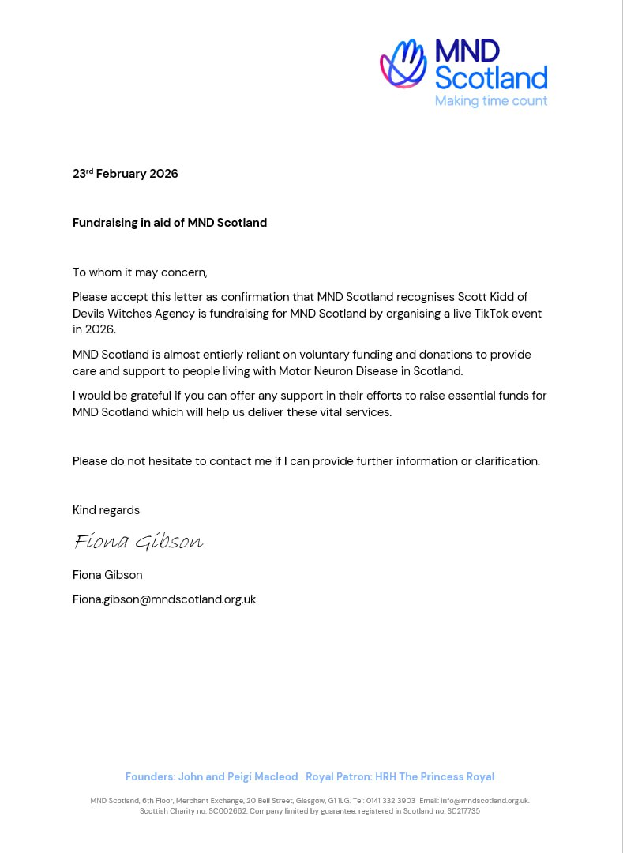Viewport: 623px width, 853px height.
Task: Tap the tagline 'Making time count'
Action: (x=490, y=100)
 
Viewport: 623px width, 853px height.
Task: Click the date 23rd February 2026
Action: (x=126, y=174)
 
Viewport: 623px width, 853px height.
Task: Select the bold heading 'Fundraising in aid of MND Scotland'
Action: (x=170, y=223)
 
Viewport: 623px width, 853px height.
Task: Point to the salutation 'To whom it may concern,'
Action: (x=140, y=272)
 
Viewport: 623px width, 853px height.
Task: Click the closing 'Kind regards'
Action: (x=106, y=510)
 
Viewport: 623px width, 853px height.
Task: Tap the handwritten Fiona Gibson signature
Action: (x=138, y=541)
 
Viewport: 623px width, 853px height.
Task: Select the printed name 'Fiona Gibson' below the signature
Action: (x=107, y=575)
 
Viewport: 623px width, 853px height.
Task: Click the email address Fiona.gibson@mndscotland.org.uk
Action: (x=164, y=599)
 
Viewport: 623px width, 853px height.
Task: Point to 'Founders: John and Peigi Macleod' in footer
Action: (x=212, y=776)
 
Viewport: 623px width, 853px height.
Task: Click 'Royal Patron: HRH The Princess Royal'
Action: (x=400, y=776)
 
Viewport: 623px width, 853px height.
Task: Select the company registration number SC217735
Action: (x=463, y=811)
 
